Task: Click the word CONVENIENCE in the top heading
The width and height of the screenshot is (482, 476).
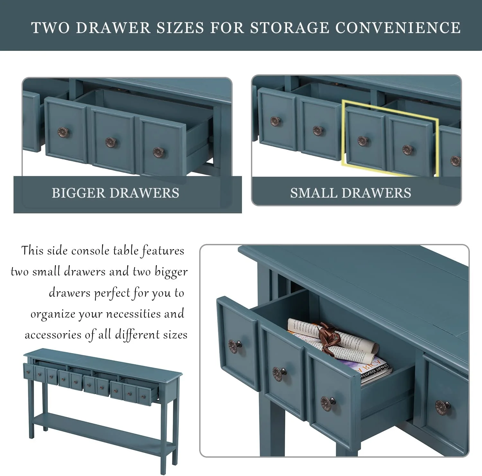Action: click(398, 28)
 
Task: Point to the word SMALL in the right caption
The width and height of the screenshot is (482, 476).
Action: click(314, 193)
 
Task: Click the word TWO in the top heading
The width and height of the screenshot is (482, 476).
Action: click(50, 28)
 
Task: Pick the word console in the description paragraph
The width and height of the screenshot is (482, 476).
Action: click(90, 250)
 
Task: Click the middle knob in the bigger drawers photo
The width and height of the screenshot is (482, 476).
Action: click(111, 142)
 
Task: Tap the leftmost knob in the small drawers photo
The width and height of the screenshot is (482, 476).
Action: click(275, 121)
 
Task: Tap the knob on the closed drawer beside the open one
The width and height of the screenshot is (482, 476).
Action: click(442, 407)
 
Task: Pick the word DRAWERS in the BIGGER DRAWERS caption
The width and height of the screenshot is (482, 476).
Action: click(145, 193)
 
